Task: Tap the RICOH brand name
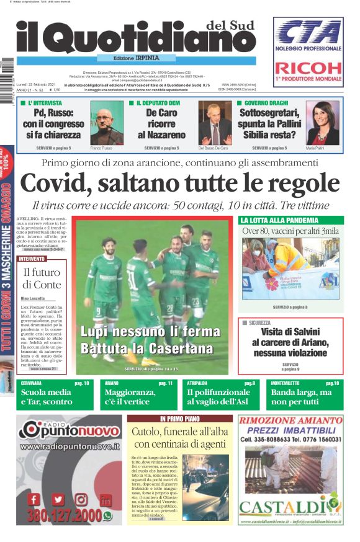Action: (x=308, y=68)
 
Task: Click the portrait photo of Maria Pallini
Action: (x=323, y=122)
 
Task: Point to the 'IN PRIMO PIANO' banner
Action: (x=179, y=419)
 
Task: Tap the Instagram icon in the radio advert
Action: (x=81, y=499)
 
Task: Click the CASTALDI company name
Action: (x=290, y=508)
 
